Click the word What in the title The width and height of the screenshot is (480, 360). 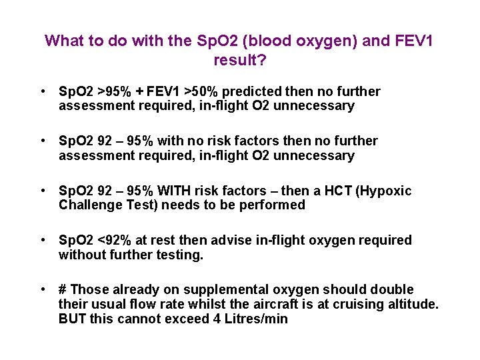pyautogui.click(x=64, y=41)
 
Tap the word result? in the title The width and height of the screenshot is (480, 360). pyautogui.click(x=239, y=60)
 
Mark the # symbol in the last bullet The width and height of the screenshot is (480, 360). pyautogui.click(x=63, y=289)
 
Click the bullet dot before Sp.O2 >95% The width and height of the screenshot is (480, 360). pyautogui.click(x=42, y=91)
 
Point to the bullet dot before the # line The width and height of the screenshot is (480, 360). pyautogui.click(x=42, y=289)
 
